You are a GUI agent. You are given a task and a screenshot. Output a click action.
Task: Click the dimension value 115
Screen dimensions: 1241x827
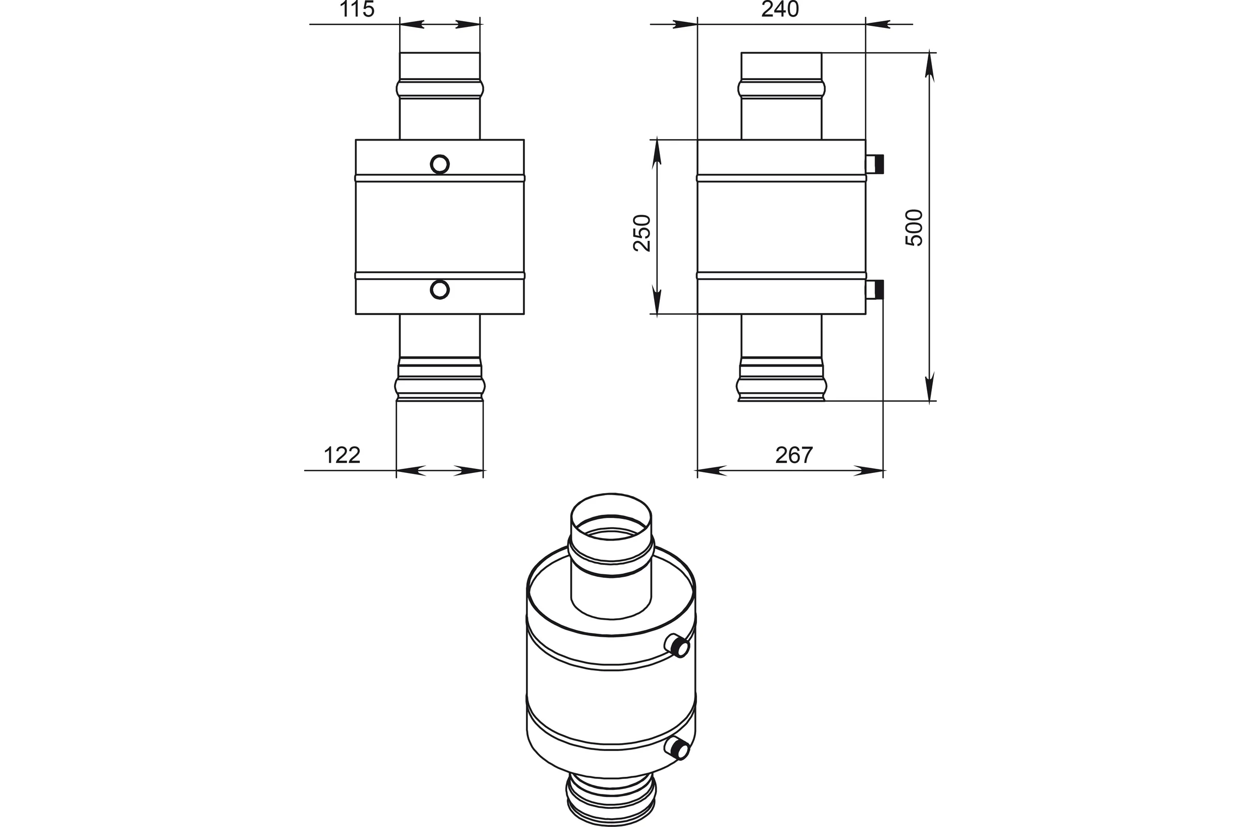(x=357, y=9)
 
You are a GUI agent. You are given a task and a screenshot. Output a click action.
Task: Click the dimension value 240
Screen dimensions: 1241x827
(x=780, y=9)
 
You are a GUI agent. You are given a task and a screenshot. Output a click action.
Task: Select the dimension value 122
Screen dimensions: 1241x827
(x=342, y=455)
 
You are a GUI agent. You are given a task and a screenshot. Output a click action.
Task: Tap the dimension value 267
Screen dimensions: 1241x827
(x=794, y=455)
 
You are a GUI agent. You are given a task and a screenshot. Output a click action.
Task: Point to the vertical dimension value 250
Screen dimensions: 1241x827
(x=642, y=233)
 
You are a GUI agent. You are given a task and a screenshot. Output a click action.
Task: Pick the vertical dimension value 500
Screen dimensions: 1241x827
(x=914, y=227)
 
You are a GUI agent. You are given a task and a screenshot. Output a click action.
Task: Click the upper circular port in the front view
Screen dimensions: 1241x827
(x=440, y=164)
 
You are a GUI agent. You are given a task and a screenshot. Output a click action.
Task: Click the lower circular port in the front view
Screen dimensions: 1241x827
(x=440, y=289)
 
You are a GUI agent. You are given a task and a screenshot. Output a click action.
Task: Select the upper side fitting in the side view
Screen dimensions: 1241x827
(x=875, y=164)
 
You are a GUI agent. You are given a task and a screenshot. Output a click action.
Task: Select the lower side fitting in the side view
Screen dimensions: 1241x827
(x=875, y=289)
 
